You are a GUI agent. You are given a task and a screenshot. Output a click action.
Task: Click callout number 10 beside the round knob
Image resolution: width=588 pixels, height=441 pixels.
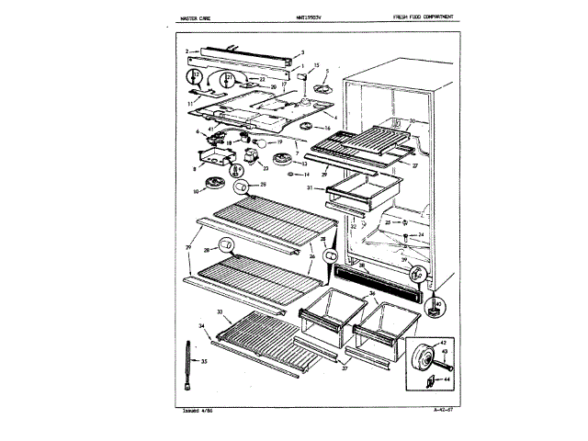coord(195,191)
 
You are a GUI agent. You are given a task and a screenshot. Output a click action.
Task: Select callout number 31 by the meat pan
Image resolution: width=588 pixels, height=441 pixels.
coord(310,187)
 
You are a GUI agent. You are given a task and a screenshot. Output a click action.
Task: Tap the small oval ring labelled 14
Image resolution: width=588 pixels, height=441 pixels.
coord(290,173)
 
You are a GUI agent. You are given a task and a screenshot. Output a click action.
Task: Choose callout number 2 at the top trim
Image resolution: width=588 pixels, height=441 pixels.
coord(186,51)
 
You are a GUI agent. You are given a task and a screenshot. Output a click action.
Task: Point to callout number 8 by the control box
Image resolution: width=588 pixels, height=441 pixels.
coord(195,169)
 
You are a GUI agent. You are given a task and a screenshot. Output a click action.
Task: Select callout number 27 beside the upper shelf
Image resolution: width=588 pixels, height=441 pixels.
coord(415,165)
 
